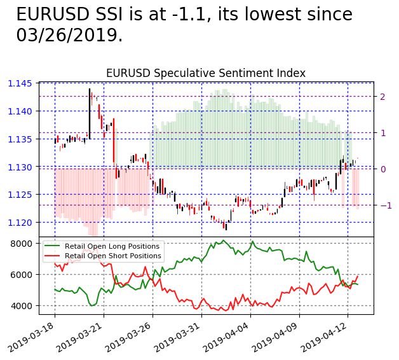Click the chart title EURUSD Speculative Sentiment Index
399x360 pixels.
[x=205, y=73]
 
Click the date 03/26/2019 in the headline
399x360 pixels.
[x=69, y=36]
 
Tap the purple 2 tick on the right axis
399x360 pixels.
[x=382, y=97]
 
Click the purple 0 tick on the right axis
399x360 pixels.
[x=382, y=169]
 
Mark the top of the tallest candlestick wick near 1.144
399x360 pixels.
[x=90, y=88]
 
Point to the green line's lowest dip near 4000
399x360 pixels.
[x=91, y=305]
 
